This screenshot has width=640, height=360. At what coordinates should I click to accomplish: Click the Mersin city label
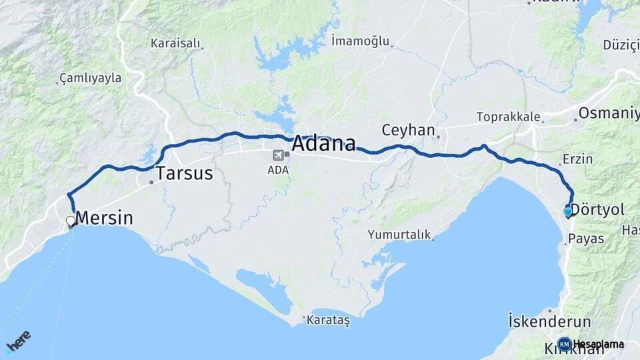104,218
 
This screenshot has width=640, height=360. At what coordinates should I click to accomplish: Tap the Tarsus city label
184,174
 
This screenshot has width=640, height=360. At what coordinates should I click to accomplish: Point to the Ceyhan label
408,130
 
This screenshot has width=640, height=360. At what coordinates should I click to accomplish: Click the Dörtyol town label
597,211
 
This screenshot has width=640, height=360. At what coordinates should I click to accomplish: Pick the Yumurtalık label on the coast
399,235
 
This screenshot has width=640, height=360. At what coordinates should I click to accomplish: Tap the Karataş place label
328,320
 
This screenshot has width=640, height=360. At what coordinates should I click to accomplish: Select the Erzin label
577,159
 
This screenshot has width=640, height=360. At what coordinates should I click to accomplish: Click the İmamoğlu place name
359,41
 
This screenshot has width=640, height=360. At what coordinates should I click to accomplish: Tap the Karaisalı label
175,43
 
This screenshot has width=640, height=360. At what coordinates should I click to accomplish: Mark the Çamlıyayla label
91,78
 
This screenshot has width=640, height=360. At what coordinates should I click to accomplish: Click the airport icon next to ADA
277,155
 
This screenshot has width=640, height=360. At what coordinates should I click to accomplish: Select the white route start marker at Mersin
71,221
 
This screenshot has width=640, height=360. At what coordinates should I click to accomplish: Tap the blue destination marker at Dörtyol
568,212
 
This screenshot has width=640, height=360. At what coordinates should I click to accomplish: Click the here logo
19,340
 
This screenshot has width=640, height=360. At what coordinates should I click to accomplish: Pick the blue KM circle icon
564,344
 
